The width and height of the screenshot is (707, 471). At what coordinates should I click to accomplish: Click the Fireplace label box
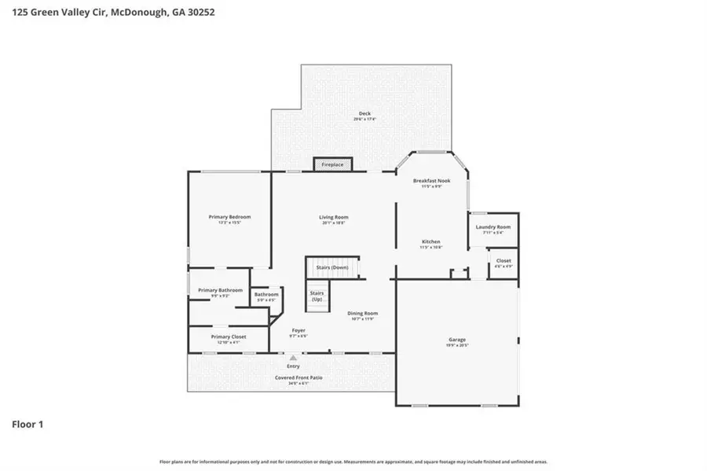point(333,164)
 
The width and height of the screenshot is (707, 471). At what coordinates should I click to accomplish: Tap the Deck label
point(364,115)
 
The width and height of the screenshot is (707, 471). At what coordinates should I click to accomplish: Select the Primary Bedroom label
point(229,218)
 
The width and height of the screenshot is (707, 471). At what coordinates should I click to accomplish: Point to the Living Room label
point(333,218)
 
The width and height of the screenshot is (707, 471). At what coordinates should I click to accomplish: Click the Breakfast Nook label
point(431,182)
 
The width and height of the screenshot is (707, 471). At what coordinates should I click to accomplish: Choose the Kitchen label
point(430,242)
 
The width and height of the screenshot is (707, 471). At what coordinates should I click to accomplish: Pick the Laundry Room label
point(493,228)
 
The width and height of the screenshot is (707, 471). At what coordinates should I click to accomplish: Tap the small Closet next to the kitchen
point(504,262)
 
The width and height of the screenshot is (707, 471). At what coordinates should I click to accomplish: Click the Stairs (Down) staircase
point(332,267)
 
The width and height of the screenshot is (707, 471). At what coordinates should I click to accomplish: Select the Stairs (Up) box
point(317,297)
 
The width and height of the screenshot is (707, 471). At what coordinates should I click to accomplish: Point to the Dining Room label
point(363,315)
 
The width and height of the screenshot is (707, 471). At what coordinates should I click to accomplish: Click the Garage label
point(456,342)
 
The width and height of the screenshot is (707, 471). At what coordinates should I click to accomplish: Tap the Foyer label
point(299,330)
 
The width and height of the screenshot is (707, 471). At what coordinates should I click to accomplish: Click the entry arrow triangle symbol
point(294,358)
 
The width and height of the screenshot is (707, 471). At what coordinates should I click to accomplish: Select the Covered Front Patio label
point(298,378)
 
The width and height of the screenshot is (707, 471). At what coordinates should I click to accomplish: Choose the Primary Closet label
point(229,337)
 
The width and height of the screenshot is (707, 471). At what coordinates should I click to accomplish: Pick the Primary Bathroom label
point(220,291)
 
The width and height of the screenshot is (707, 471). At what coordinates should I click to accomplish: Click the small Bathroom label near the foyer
point(266,296)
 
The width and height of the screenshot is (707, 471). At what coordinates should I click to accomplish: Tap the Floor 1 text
point(27,425)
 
